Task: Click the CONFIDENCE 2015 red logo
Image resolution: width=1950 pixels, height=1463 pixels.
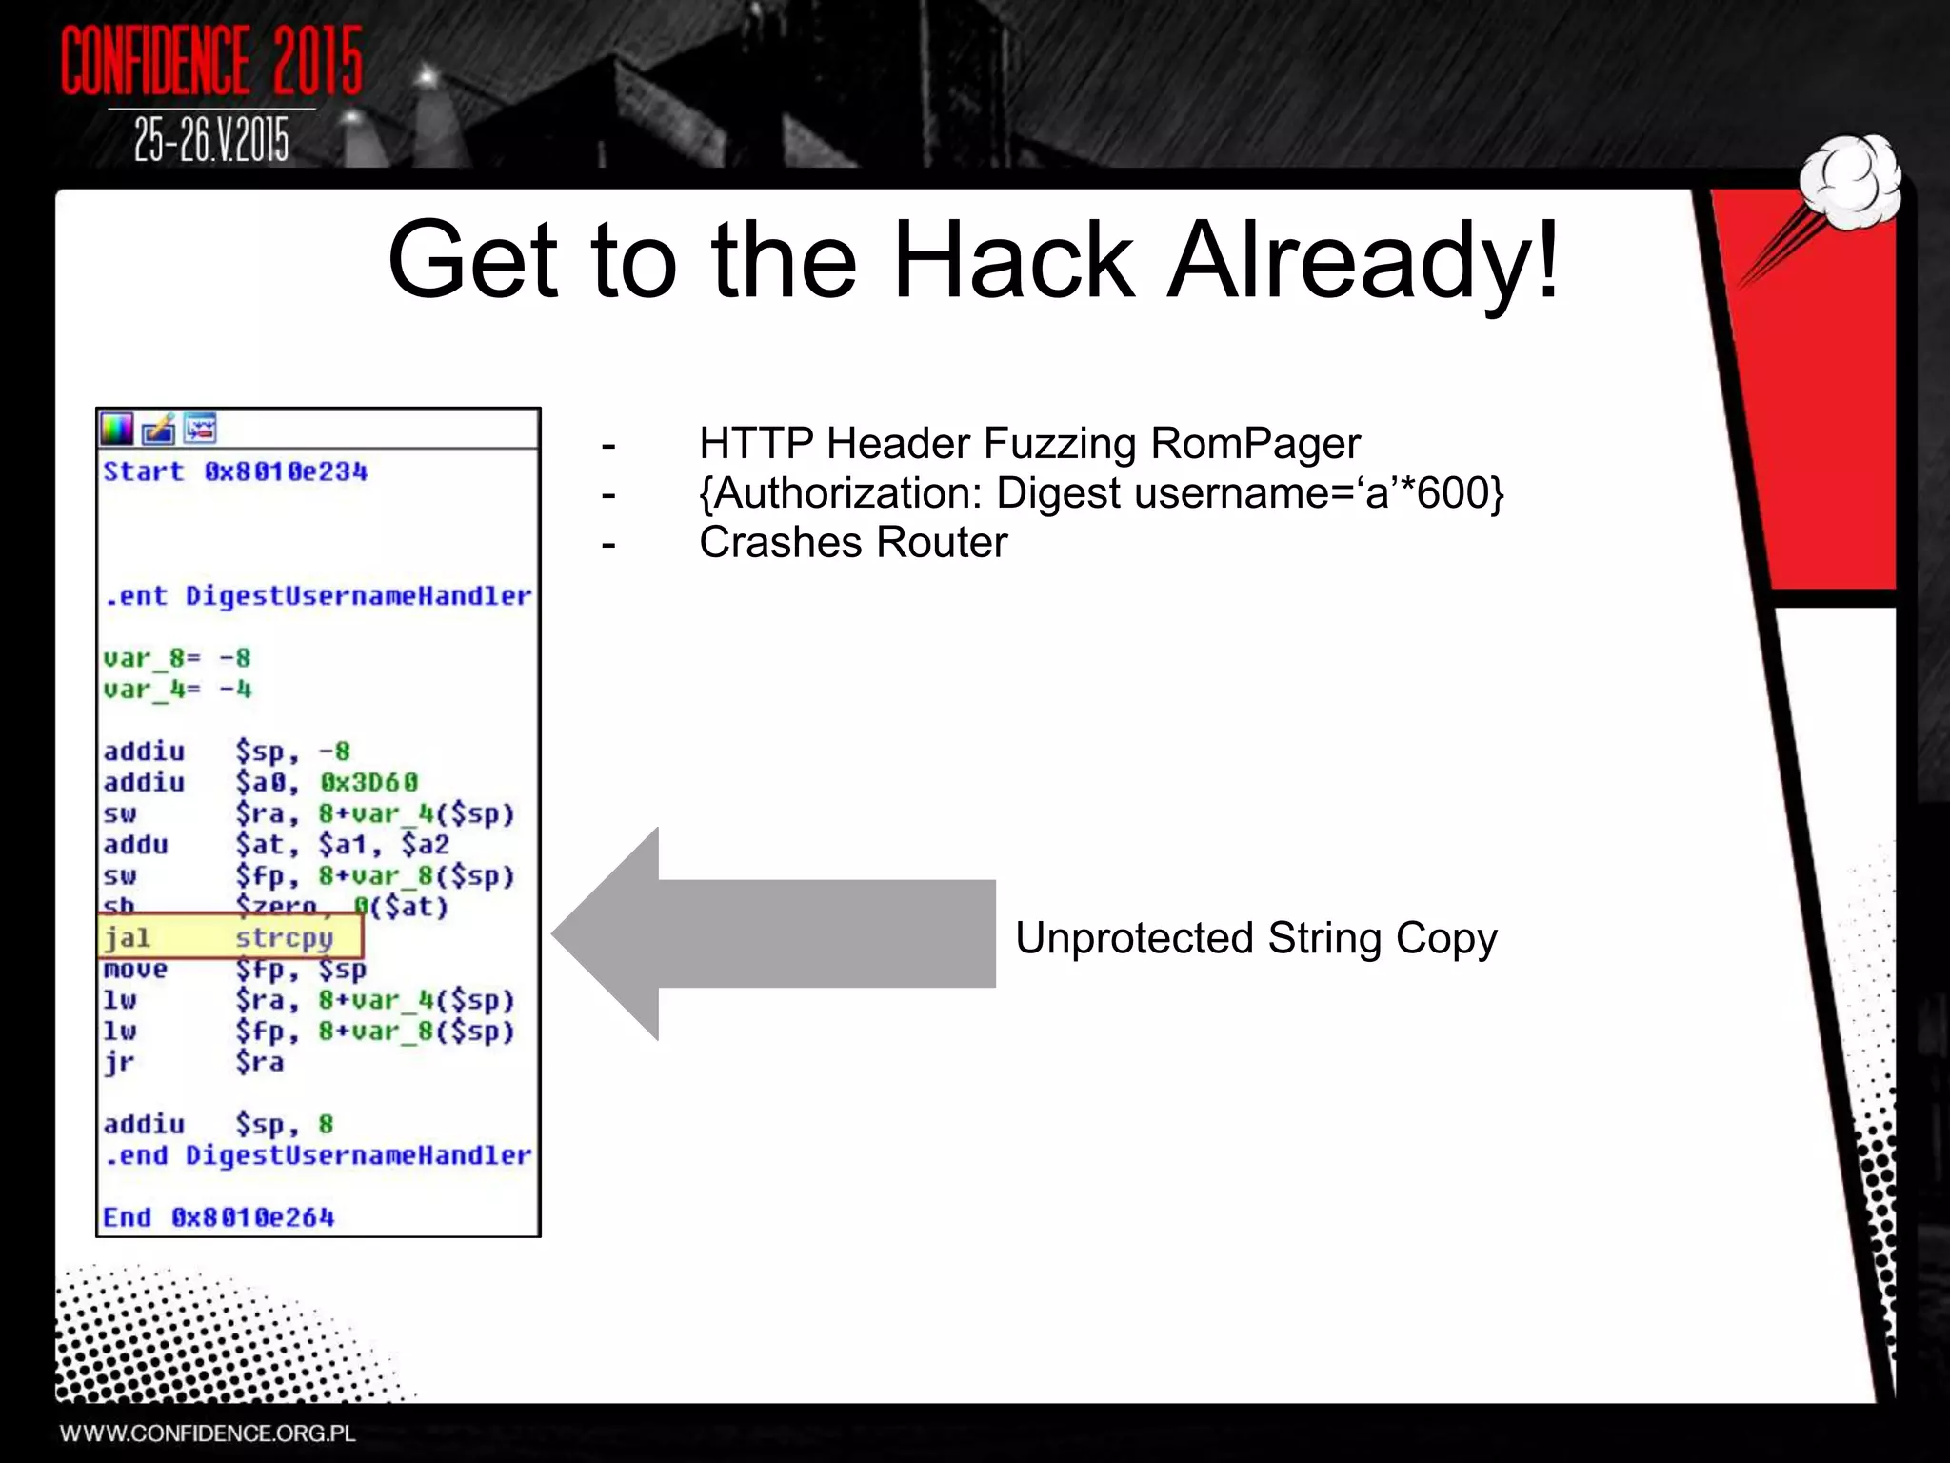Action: click(x=211, y=61)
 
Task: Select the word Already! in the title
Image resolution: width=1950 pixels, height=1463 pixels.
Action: click(x=1363, y=260)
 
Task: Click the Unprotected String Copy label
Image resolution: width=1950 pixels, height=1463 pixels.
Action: click(x=1256, y=938)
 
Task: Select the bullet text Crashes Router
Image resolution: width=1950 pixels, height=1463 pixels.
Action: click(x=853, y=543)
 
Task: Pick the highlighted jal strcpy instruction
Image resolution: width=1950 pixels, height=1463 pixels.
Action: click(x=229, y=937)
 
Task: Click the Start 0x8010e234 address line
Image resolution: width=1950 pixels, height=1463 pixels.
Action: click(x=235, y=471)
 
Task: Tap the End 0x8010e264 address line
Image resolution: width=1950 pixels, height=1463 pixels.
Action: click(x=219, y=1217)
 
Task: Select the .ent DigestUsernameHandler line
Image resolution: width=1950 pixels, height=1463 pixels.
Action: click(x=318, y=596)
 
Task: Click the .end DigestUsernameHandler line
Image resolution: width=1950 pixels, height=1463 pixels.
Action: click(x=318, y=1155)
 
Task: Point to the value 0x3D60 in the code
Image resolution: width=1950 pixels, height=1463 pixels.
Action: click(x=368, y=782)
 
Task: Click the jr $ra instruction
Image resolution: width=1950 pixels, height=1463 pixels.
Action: click(x=193, y=1061)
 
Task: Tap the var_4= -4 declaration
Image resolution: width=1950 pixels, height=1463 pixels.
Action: click(x=177, y=689)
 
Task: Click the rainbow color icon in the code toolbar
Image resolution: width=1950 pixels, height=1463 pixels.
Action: click(x=117, y=430)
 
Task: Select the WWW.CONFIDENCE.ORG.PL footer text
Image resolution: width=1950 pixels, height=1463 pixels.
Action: click(x=208, y=1433)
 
